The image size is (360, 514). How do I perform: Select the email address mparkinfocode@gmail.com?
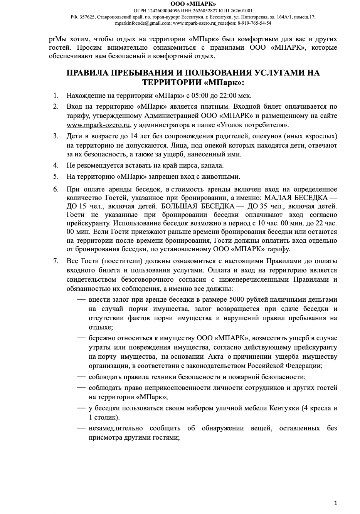[x=143, y=23]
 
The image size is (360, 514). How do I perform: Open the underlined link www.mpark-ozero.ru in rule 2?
[x=98, y=125]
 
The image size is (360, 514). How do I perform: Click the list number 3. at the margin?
[x=56, y=136]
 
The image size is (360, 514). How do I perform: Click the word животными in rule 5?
[x=224, y=176]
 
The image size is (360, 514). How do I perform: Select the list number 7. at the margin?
[x=56, y=261]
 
